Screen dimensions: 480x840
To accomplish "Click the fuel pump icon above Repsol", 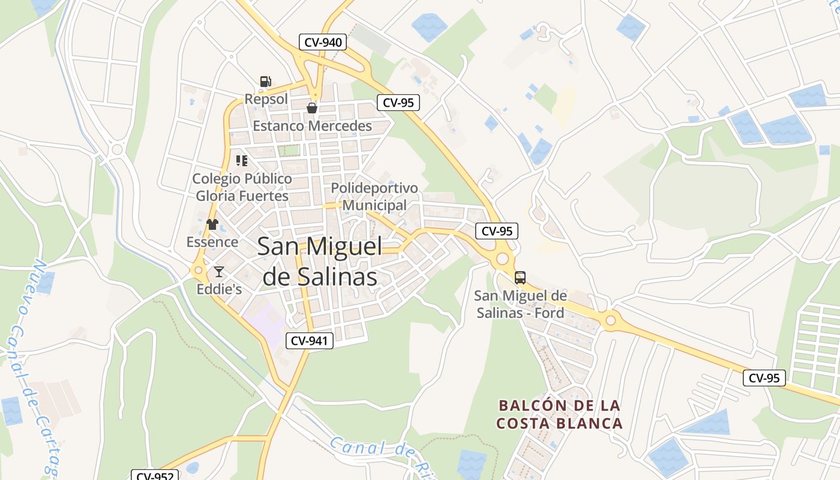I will (x=265, y=82).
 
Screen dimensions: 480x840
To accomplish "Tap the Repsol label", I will (x=266, y=99).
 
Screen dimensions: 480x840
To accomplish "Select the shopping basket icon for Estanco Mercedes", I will (x=312, y=108).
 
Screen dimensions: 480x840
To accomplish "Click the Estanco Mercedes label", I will (x=312, y=126).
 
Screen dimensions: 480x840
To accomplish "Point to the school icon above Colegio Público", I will (x=242, y=160).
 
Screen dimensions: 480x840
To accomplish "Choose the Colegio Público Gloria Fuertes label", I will (x=242, y=187).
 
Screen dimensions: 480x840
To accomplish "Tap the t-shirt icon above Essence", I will (x=212, y=224).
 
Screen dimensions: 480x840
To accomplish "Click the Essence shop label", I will (x=212, y=242).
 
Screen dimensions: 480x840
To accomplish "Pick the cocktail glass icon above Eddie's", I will (x=219, y=272).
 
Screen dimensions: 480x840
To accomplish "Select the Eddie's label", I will (x=219, y=289).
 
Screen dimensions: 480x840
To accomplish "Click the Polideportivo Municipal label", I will (x=374, y=197).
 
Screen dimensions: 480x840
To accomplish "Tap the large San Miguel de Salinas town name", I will (x=320, y=262).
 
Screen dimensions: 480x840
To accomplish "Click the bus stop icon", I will (x=520, y=278).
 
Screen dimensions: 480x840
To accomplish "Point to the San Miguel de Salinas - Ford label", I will (x=520, y=304).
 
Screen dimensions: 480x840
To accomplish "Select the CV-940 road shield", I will (x=323, y=42).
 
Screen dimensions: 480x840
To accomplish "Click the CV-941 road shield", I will (x=309, y=341).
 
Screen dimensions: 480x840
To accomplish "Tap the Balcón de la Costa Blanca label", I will (x=559, y=415).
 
